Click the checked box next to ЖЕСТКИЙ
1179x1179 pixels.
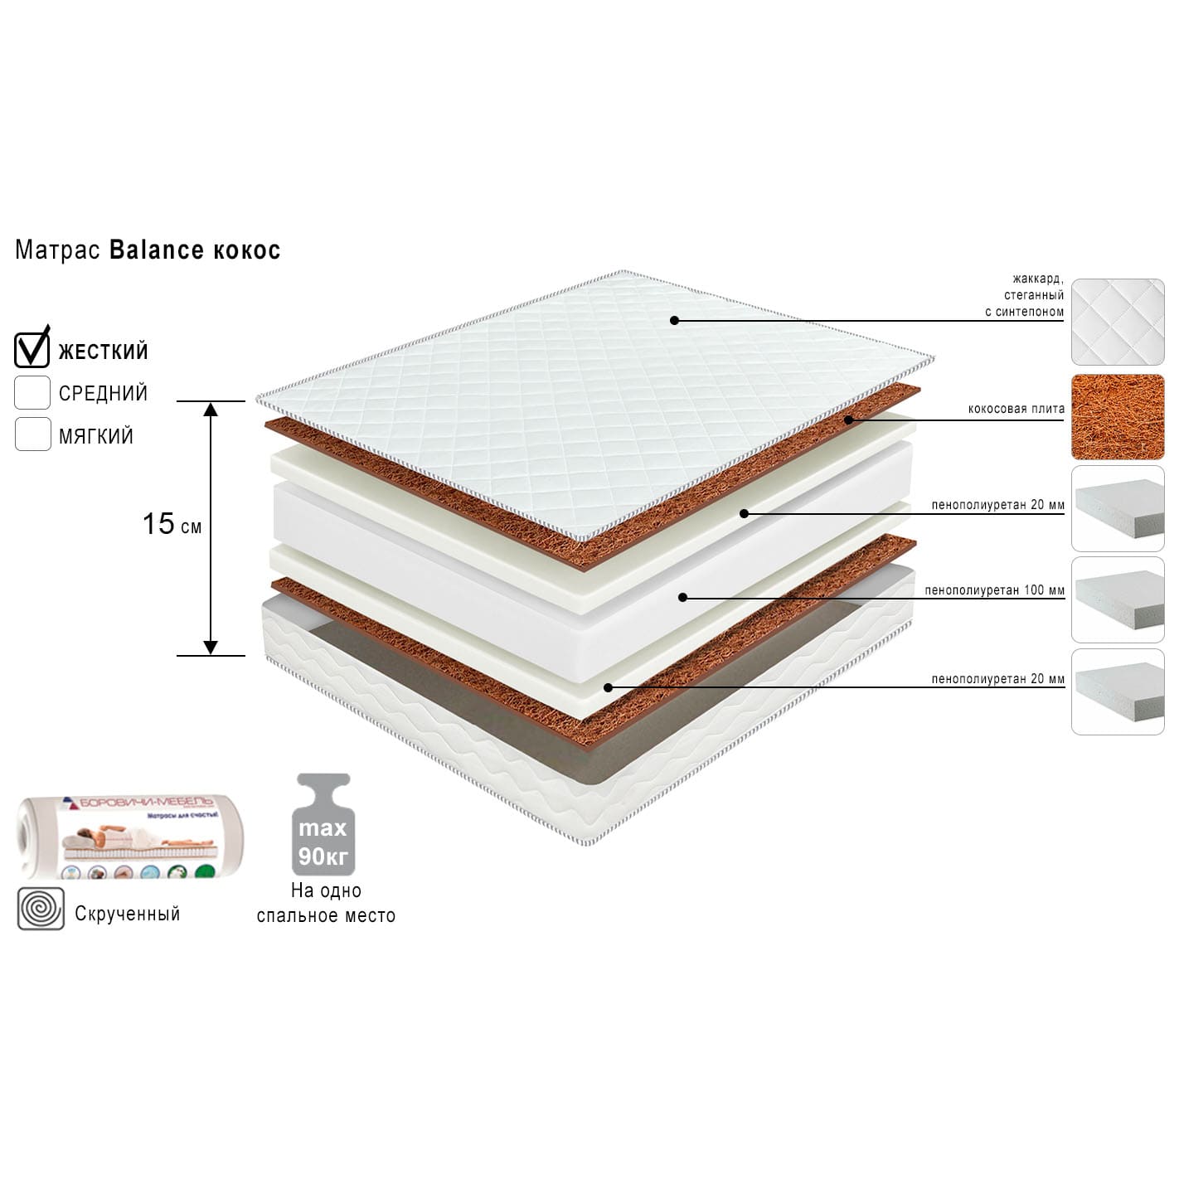[x=32, y=349]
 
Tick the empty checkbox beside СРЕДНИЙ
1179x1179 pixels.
[x=32, y=392]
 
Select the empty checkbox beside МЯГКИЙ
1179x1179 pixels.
[x=32, y=434]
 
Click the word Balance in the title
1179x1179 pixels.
[x=157, y=250]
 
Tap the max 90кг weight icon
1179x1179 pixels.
[x=323, y=825]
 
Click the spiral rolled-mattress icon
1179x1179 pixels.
[x=41, y=909]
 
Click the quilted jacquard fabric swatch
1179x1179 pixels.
[x=1118, y=322]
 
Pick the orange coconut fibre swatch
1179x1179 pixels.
[x=1118, y=417]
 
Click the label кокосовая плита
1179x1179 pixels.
[x=1016, y=409]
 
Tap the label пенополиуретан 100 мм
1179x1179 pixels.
[x=994, y=591]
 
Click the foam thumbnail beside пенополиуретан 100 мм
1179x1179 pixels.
[x=1118, y=599]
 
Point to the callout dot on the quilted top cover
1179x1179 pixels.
[x=674, y=320]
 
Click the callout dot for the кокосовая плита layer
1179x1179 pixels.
[x=848, y=420]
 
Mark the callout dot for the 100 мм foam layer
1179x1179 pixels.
[x=682, y=597]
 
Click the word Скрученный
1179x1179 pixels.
[x=127, y=914]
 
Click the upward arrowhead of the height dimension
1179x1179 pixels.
[x=211, y=409]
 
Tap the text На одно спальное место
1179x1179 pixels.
[x=326, y=903]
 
